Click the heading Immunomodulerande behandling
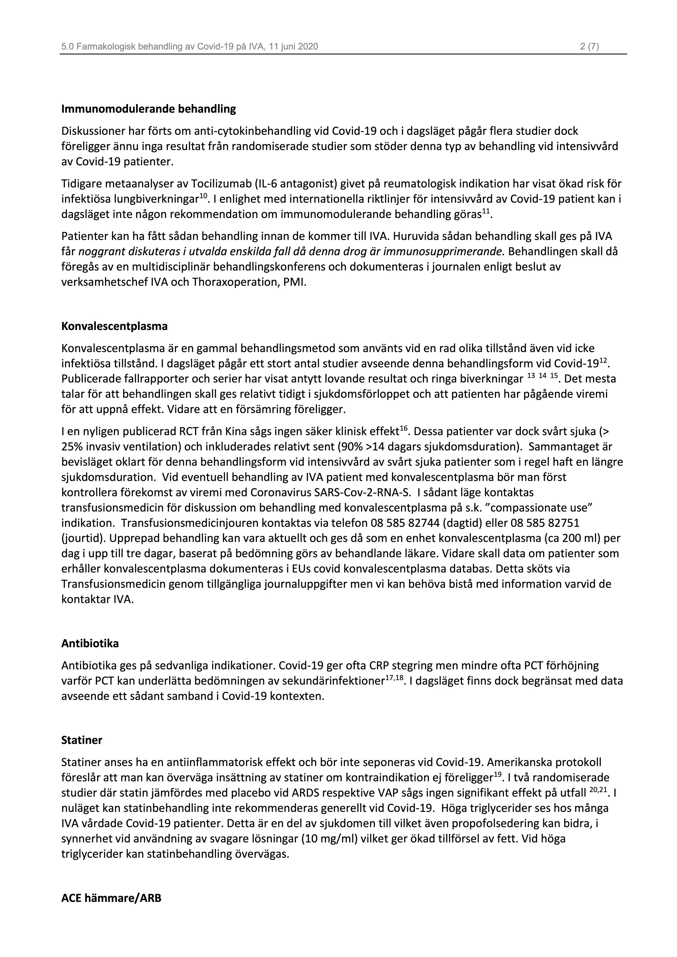(x=148, y=109)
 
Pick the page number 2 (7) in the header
(x=590, y=47)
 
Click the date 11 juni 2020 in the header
(x=293, y=47)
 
